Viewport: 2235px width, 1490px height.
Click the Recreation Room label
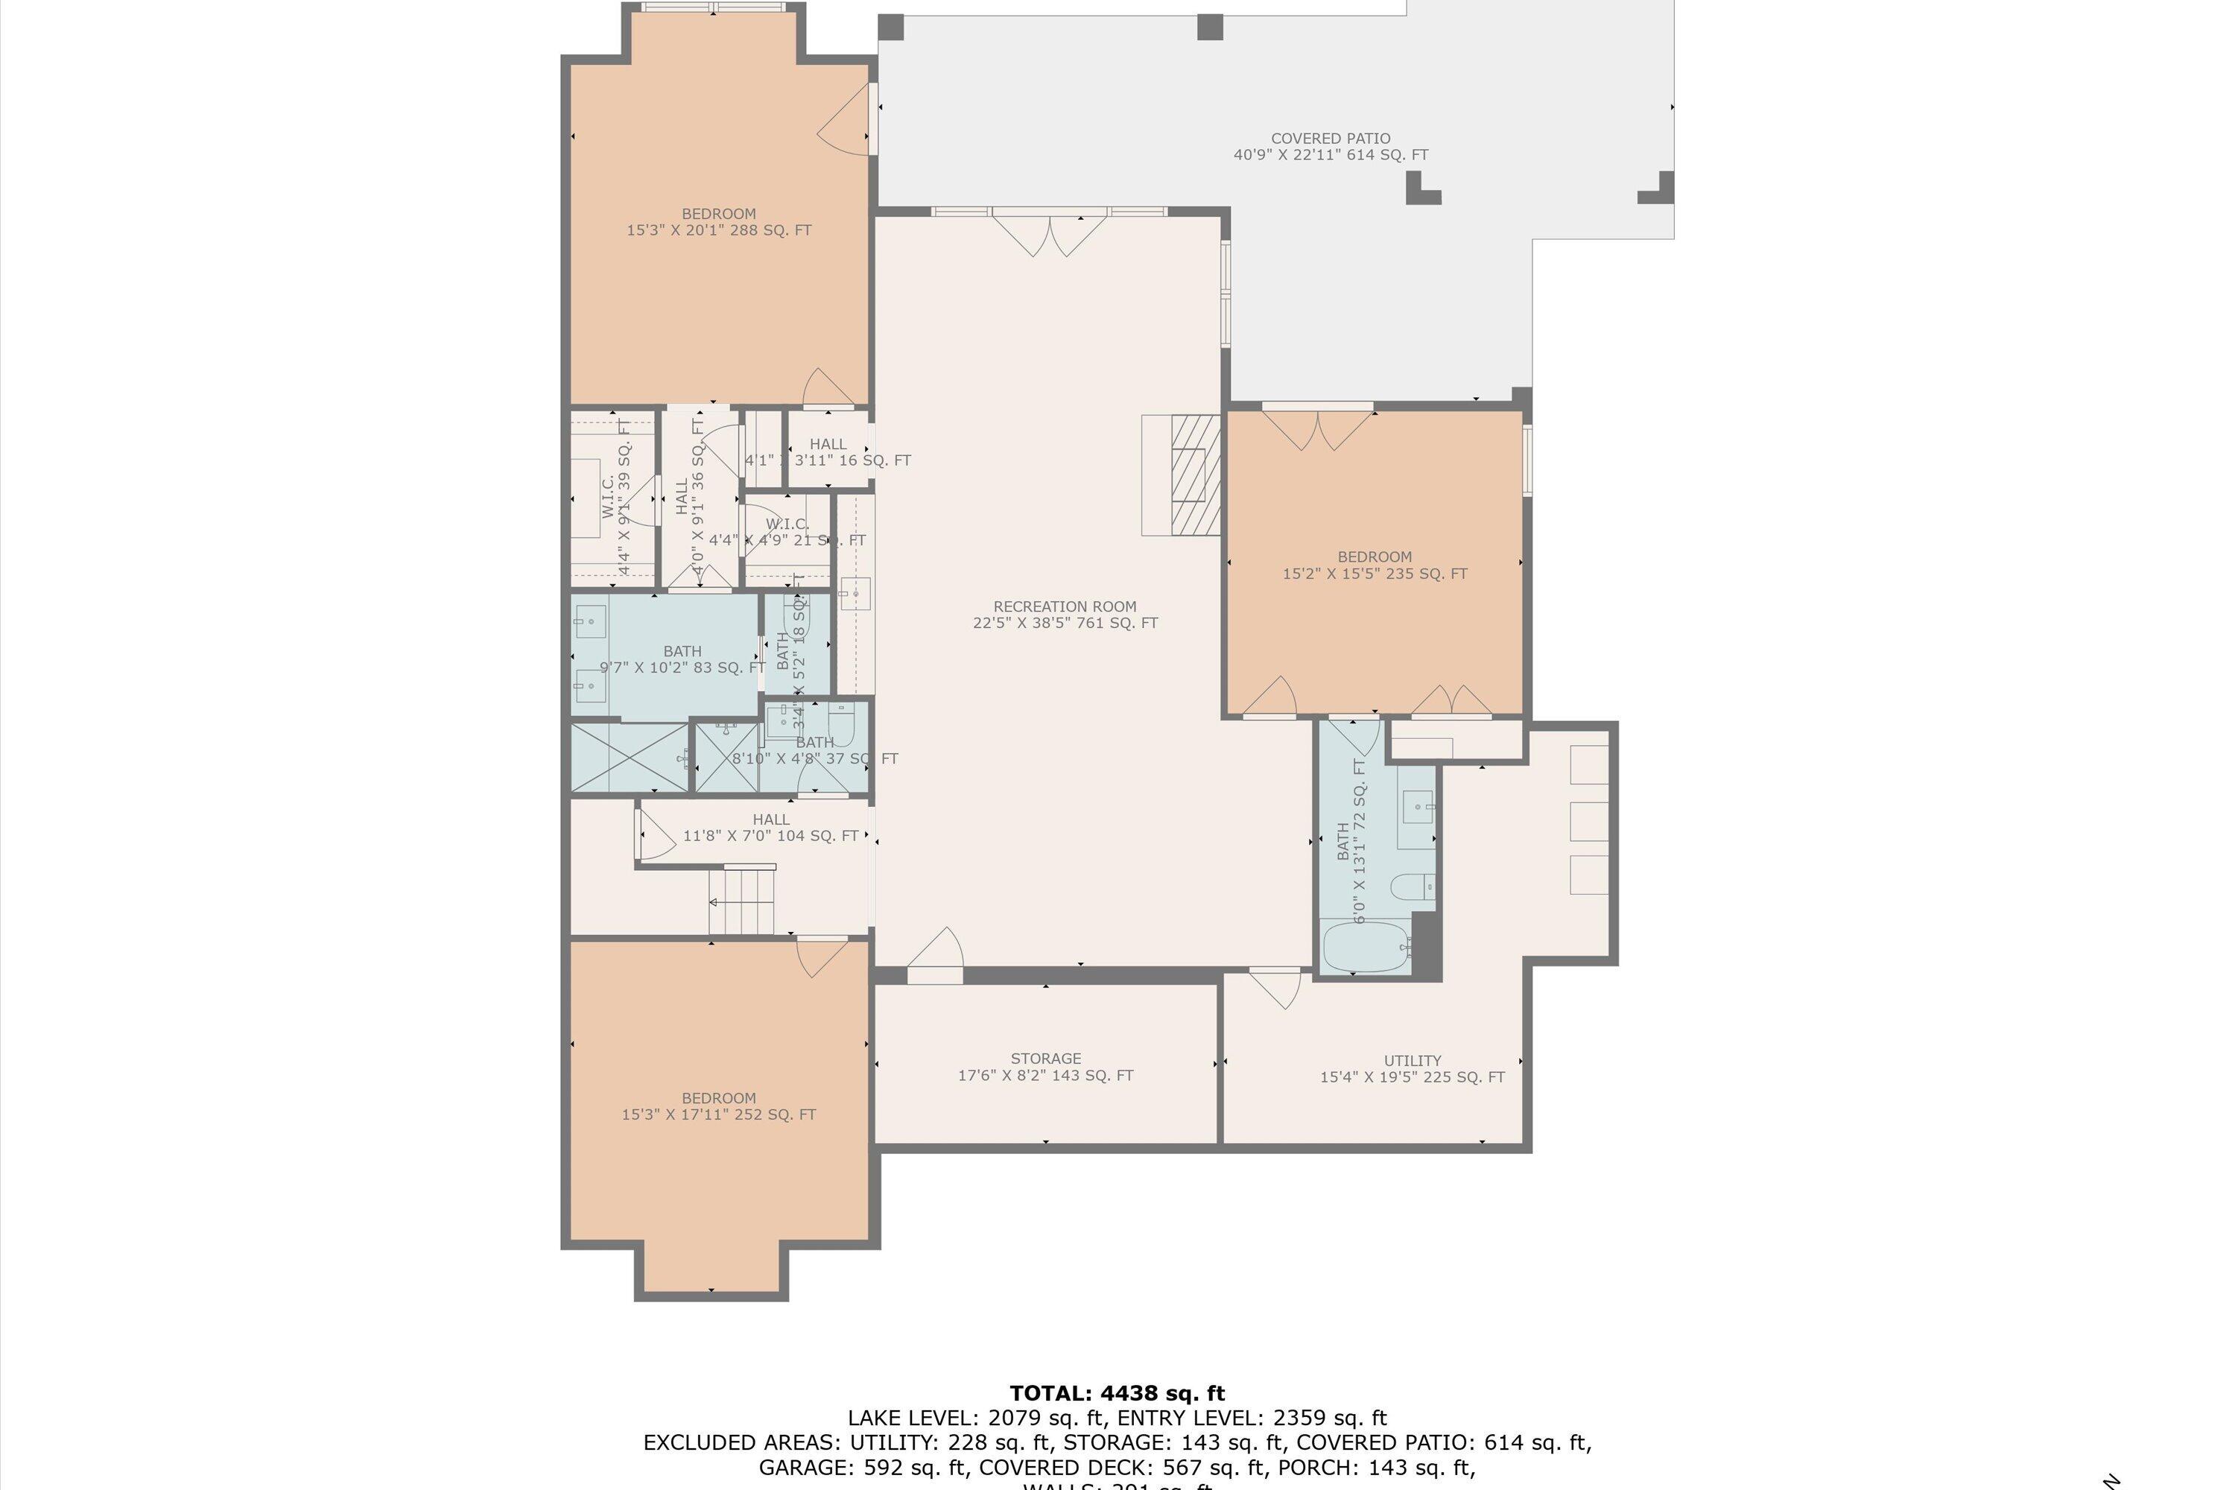pos(1065,614)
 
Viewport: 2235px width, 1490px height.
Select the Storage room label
pos(1045,1066)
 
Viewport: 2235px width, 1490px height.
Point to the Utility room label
pos(1412,1068)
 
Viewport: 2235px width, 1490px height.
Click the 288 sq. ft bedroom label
pos(718,221)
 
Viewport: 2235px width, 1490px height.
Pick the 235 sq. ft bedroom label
pos(1374,565)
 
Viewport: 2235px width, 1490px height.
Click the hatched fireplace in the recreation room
pos(1194,475)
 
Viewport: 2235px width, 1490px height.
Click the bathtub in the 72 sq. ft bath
pos(1366,948)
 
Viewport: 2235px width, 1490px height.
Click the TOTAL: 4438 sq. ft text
pos(1117,1393)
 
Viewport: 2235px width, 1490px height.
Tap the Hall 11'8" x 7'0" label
pos(770,827)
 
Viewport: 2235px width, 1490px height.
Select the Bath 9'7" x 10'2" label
pos(682,659)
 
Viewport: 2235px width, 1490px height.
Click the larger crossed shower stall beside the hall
pos(629,758)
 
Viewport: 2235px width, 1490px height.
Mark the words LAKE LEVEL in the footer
pos(910,1418)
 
